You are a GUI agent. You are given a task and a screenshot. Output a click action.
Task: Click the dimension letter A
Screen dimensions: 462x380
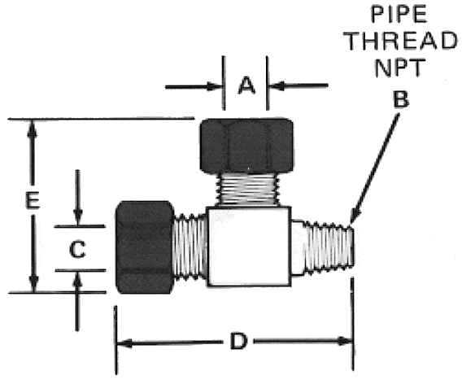[x=246, y=85]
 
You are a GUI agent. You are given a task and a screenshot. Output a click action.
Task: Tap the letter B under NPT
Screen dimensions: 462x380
[x=401, y=99]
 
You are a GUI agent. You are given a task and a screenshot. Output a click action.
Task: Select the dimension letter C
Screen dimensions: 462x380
[x=77, y=250]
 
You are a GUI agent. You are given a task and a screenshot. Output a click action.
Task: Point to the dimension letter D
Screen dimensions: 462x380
[x=238, y=341]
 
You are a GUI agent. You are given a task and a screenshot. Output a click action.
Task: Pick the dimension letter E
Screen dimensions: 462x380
[x=33, y=200]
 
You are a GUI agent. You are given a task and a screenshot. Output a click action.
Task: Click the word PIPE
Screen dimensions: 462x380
[x=399, y=14]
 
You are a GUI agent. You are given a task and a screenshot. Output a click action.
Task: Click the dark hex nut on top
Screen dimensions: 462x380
[x=246, y=146]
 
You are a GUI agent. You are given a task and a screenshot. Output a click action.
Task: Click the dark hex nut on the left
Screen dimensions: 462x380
[x=145, y=247]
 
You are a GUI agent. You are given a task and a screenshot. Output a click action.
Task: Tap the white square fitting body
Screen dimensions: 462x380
[x=249, y=247]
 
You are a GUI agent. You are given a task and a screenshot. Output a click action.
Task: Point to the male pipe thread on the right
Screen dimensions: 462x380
[x=324, y=247]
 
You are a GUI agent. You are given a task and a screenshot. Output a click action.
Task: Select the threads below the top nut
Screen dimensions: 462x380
[x=247, y=190]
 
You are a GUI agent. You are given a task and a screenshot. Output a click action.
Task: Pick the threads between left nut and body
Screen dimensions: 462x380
[x=190, y=247]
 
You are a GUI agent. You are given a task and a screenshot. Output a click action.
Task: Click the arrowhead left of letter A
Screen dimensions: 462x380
[x=215, y=87]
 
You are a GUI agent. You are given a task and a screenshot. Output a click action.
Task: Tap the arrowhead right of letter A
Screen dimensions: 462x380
[x=277, y=85]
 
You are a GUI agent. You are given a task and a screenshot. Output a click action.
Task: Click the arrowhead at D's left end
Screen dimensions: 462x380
[x=124, y=343]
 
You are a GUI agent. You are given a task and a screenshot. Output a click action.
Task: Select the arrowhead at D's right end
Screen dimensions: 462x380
[x=345, y=341]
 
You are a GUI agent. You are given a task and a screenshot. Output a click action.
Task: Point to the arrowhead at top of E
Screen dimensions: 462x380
[x=32, y=129]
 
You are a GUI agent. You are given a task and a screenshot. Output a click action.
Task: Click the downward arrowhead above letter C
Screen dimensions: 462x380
[x=78, y=217]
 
